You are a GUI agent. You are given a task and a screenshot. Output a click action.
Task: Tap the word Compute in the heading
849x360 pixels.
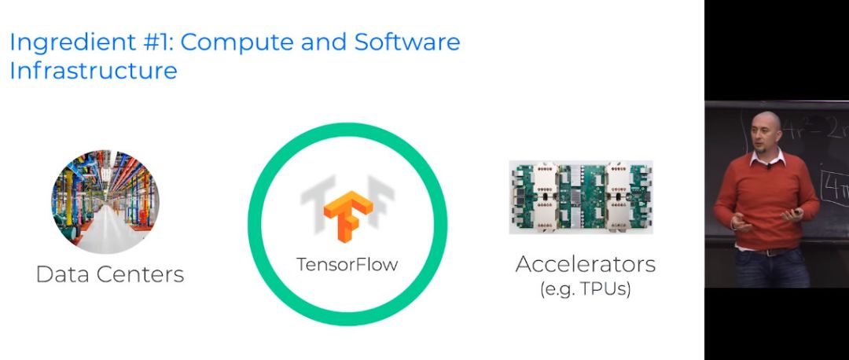pos(239,42)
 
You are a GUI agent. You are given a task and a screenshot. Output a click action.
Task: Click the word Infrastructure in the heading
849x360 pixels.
pos(93,70)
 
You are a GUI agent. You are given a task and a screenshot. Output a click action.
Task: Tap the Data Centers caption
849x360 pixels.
pos(110,274)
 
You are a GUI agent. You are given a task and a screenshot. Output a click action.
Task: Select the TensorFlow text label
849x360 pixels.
pos(347,265)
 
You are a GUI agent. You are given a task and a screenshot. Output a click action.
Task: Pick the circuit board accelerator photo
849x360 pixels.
pos(580,197)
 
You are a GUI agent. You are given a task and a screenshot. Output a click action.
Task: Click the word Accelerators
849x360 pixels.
pos(585,264)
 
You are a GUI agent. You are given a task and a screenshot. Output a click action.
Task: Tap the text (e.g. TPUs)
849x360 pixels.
pos(585,289)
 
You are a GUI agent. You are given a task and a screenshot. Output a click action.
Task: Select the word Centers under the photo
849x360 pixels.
pos(145,274)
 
